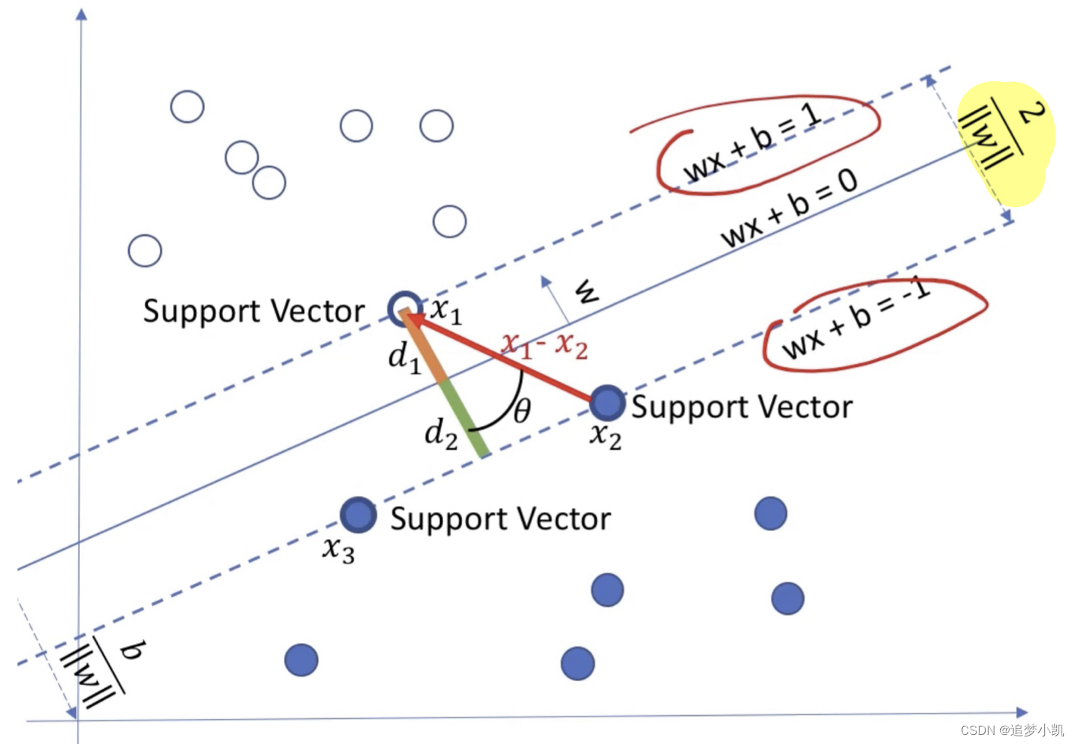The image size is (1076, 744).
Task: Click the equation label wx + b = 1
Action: (x=752, y=144)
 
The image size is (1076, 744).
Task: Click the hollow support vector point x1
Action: (x=404, y=309)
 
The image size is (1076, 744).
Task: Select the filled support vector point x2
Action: (x=607, y=403)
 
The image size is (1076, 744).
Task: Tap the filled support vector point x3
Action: (x=358, y=516)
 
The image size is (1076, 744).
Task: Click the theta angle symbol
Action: (x=522, y=411)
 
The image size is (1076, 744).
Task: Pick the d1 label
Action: (x=404, y=357)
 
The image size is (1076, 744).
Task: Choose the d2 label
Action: (x=441, y=435)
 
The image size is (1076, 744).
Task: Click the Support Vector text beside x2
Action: (x=741, y=407)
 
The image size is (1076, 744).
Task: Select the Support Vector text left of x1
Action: (x=253, y=312)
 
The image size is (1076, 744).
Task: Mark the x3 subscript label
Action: (x=338, y=549)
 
